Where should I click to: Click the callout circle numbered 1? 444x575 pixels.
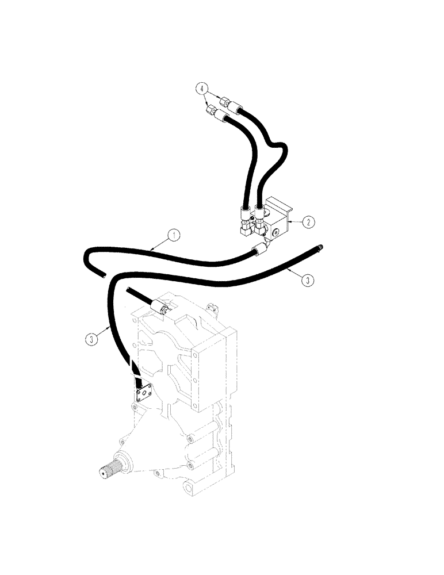tap(171, 235)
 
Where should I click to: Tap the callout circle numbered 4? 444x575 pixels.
tap(200, 88)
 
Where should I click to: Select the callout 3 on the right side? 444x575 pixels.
tap(309, 280)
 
